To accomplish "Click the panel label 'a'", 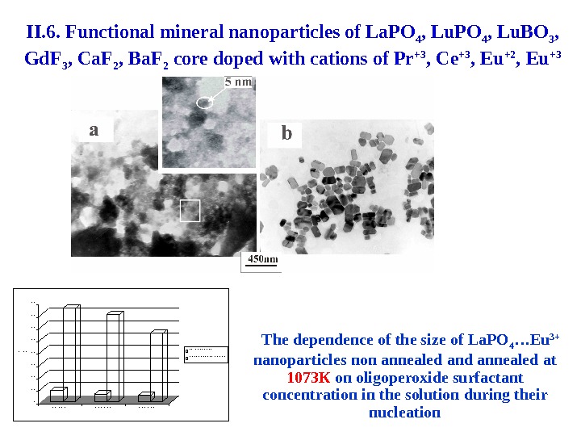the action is pos(94,129).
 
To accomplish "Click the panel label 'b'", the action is pos(285,133).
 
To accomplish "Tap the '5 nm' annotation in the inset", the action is pos(238,82).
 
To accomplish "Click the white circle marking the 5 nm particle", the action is pos(206,103).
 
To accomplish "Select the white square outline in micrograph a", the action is pos(189,210).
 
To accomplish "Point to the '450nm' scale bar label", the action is pos(261,259).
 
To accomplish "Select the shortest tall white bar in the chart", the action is pos(158,363).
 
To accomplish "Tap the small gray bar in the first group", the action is pos(57,393).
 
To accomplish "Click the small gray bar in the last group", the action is pos(145,396).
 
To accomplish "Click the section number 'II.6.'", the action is pos(42,33).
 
